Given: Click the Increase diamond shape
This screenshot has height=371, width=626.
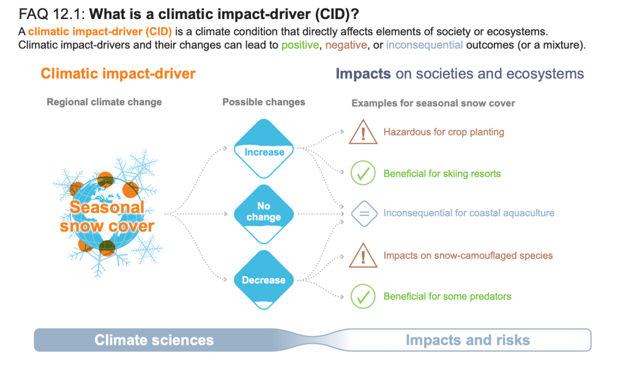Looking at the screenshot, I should (264, 147).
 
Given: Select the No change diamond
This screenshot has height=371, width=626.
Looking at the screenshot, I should (264, 213).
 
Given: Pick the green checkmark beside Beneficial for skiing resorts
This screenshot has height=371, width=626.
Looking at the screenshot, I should (362, 174).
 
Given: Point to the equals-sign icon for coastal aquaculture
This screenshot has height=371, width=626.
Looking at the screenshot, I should (362, 213).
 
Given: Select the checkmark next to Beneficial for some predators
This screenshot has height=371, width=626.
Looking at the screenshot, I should (362, 296).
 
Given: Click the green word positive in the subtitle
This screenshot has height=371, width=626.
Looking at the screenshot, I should (299, 45).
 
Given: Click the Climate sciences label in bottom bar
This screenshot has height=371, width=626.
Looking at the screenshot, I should (154, 340).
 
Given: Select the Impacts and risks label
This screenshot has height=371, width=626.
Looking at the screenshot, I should (468, 340).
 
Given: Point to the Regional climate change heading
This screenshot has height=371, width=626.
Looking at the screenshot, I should (104, 102).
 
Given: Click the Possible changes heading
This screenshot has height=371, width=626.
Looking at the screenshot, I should (264, 102).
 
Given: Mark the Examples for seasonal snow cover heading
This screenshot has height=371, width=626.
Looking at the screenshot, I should (433, 103).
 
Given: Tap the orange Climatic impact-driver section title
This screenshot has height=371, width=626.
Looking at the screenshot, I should (118, 74).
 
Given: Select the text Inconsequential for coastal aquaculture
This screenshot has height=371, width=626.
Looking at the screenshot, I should (469, 213).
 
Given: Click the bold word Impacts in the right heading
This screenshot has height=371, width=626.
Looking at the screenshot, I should (363, 74).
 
